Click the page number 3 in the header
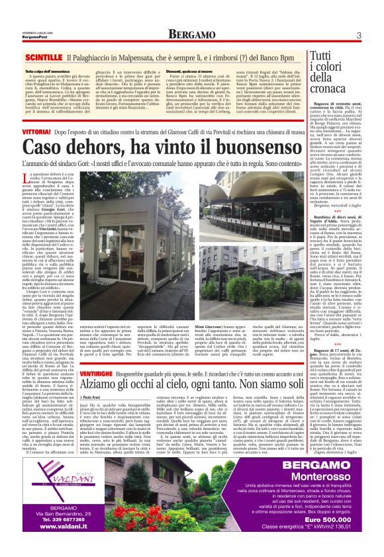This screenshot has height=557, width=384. pyautogui.click(x=358, y=35)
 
